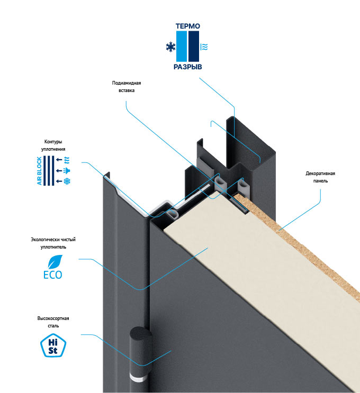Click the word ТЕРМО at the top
coord(187,25)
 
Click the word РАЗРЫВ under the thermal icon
coord(187,68)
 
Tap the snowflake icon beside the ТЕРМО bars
coord(170,48)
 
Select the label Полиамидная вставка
coord(127,87)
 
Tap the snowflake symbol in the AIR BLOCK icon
coord(67,182)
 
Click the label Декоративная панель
coord(320,177)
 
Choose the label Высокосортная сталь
coord(53,322)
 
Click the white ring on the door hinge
coord(139,380)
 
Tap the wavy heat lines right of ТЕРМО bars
coord(204,47)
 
